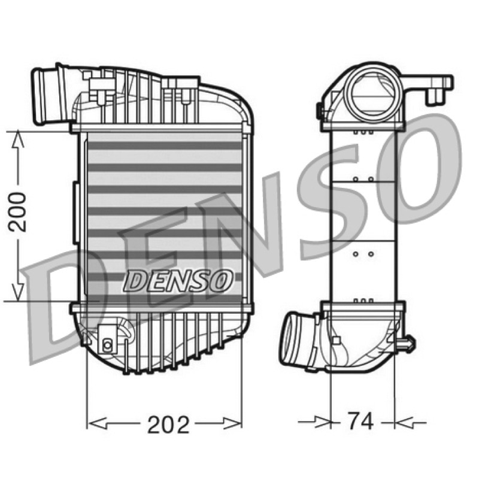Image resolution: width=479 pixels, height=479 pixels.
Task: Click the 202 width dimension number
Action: (168, 425)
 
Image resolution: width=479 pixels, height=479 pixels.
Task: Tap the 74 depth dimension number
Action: (360, 421)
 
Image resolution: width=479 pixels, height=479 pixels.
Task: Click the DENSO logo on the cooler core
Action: (178, 280)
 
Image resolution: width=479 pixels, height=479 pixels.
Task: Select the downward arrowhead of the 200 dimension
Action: (18, 291)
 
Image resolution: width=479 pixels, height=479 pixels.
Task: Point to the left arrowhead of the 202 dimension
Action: (97, 423)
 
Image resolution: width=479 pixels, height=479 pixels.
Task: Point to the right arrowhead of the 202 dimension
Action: (232, 423)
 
